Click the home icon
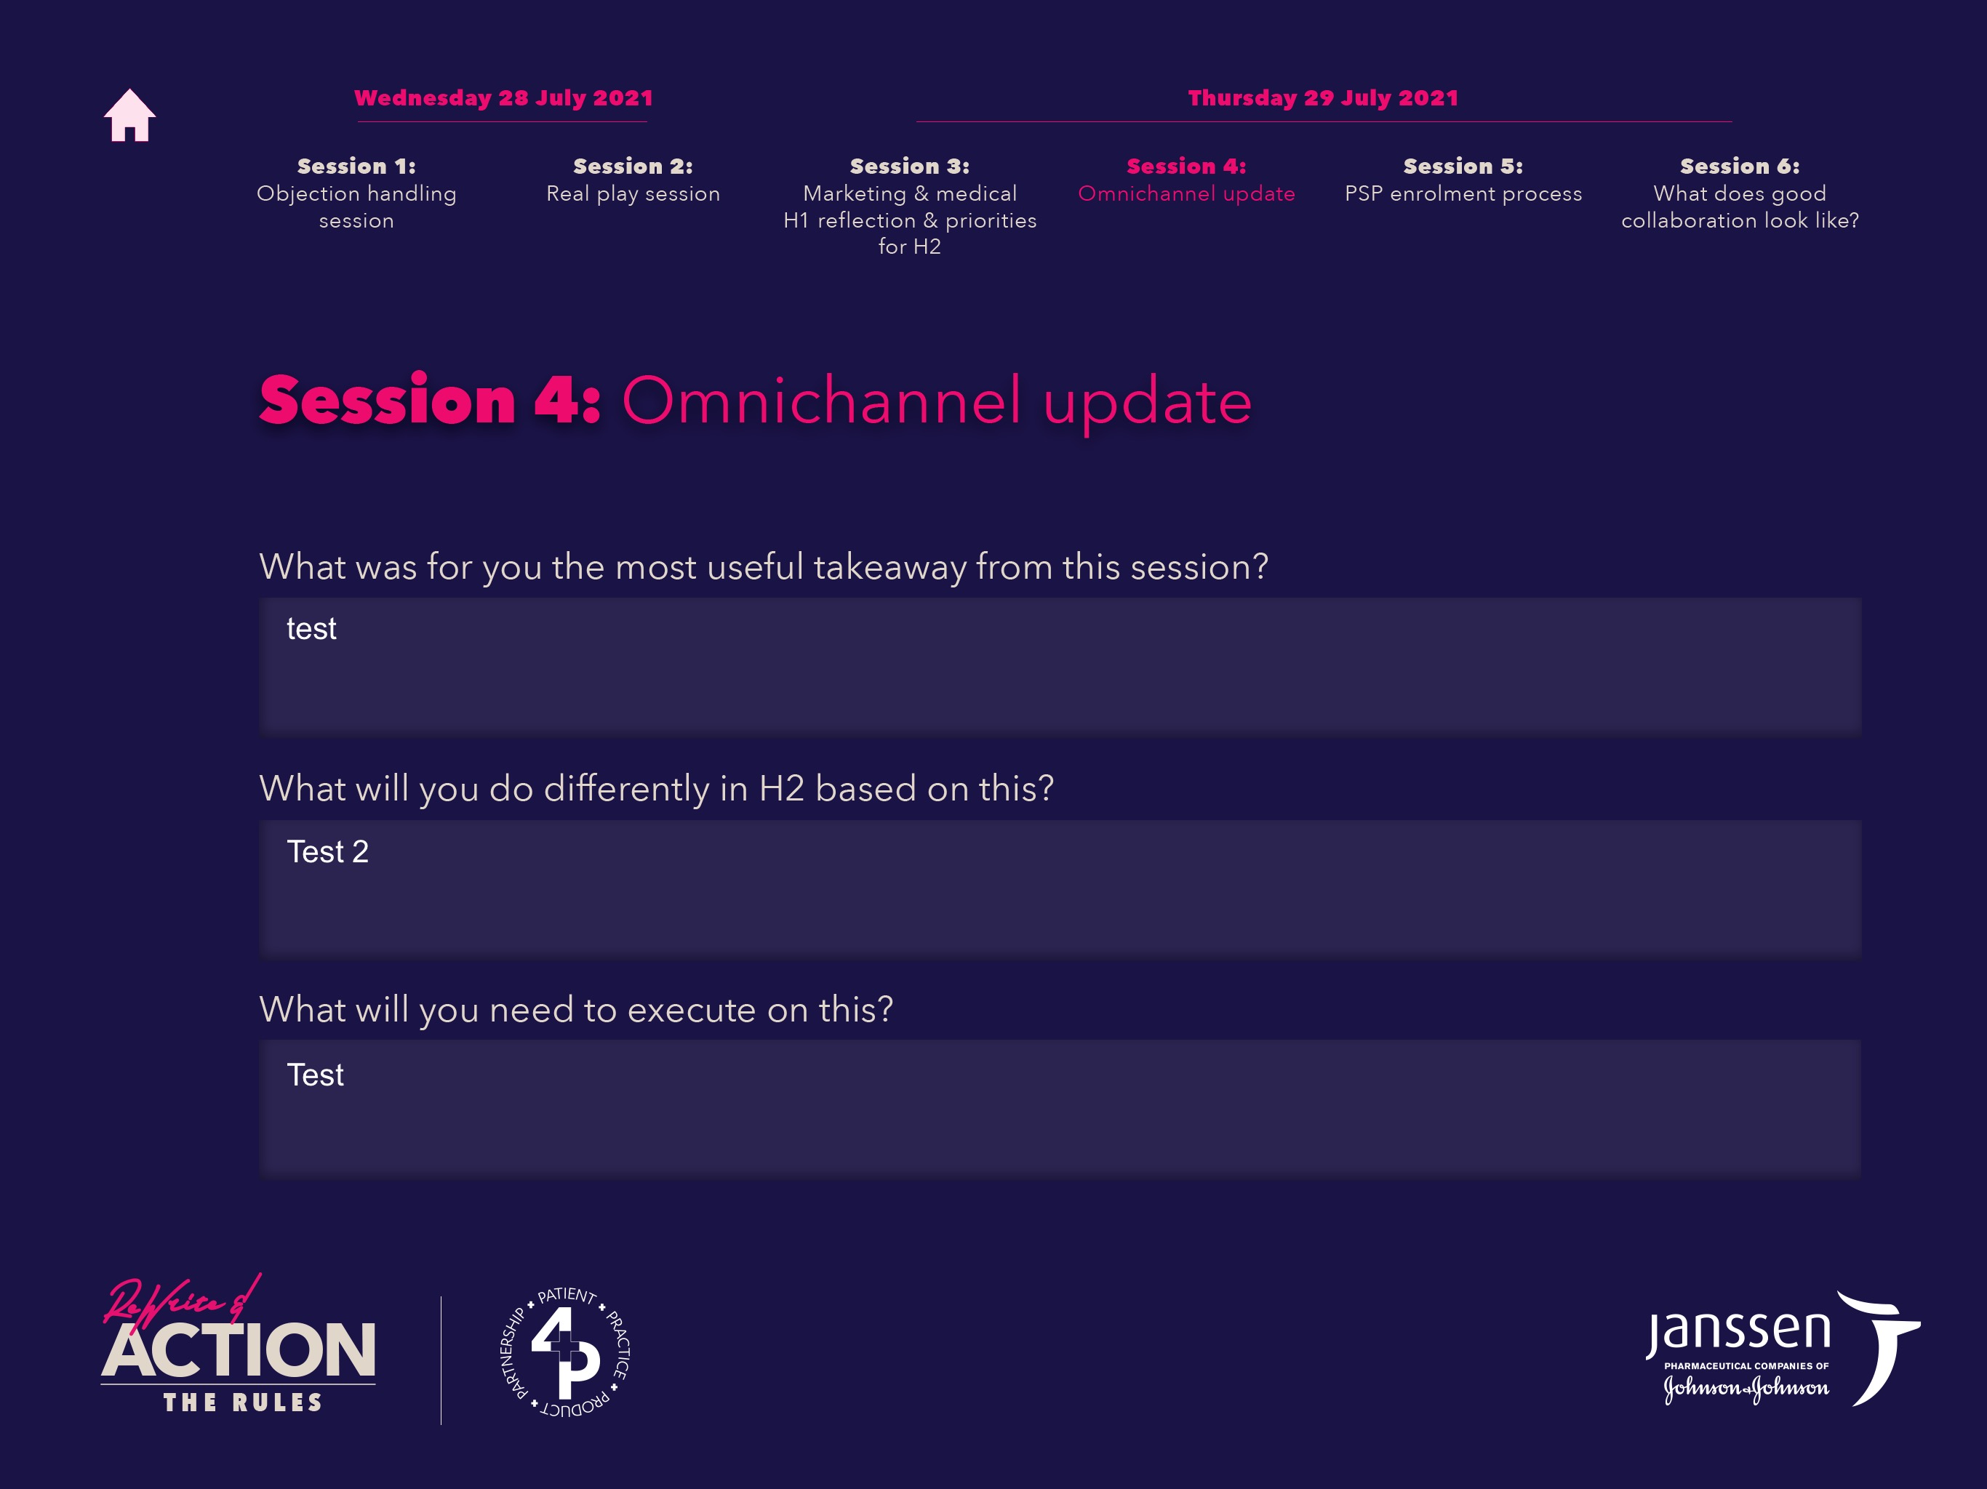point(129,115)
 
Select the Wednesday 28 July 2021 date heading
point(503,98)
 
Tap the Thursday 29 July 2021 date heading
point(1323,98)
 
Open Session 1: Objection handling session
point(356,193)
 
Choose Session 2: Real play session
point(633,180)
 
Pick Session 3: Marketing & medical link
point(910,206)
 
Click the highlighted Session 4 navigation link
point(1187,180)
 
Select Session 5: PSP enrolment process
point(1463,180)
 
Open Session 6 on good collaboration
point(1740,193)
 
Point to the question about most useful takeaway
point(764,566)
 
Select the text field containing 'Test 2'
point(1060,887)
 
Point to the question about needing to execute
point(576,1009)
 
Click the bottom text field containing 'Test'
point(1060,1108)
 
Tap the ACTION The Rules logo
point(238,1344)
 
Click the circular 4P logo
point(565,1352)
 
